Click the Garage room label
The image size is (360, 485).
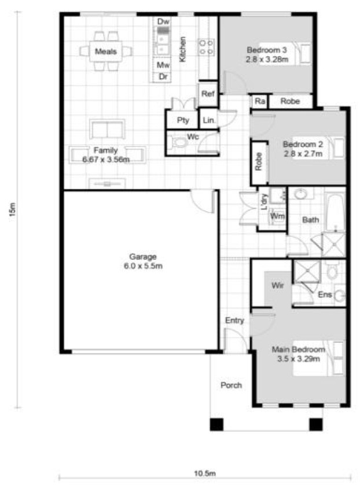(143, 257)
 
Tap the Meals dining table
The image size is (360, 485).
(106, 52)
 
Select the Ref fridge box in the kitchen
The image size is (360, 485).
(208, 94)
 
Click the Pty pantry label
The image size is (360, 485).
(183, 120)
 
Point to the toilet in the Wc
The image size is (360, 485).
(179, 142)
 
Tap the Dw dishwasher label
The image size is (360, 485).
(163, 21)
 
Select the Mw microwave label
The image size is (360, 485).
(163, 65)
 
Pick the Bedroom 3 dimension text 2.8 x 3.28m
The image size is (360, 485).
(267, 60)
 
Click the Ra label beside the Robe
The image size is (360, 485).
(260, 101)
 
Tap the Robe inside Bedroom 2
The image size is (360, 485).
(259, 162)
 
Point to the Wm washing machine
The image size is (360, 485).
(277, 216)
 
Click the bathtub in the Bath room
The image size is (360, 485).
(336, 212)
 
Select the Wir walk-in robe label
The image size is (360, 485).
(277, 285)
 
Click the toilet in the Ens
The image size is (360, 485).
(332, 271)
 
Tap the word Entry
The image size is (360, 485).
(234, 321)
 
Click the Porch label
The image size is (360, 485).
(231, 385)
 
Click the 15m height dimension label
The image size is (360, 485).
(12, 210)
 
